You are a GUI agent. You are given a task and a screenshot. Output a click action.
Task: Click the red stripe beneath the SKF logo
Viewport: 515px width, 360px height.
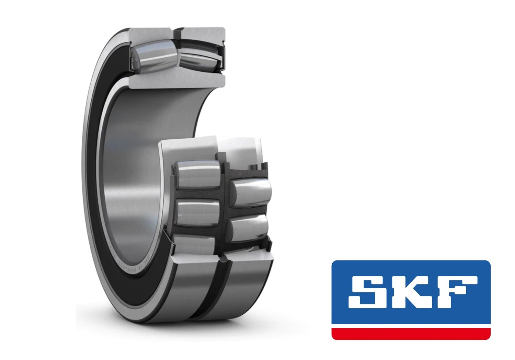[411, 334]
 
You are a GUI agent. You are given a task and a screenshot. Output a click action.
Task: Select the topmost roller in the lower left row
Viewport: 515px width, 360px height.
[198, 174]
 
